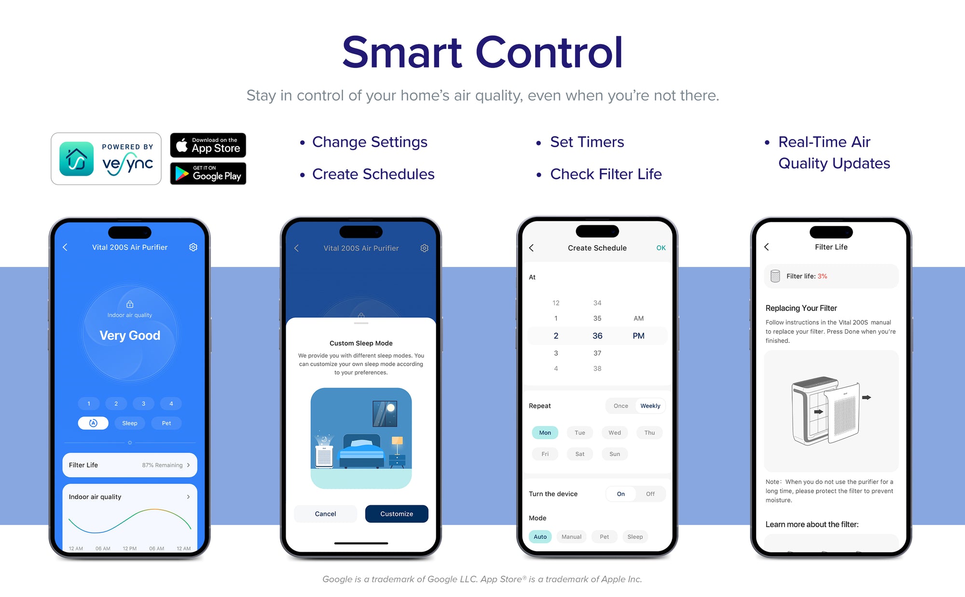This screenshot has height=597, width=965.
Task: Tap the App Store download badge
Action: [x=208, y=145]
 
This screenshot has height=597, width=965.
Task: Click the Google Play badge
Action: [x=208, y=173]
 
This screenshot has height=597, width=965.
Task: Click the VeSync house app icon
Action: [x=76, y=159]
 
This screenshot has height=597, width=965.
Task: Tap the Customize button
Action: [x=397, y=514]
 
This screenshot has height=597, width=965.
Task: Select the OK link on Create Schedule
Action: [x=661, y=248]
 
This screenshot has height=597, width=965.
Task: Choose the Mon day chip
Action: [x=545, y=432]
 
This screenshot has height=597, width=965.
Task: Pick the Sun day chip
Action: [x=615, y=454]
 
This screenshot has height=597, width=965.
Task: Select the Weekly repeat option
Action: [x=650, y=406]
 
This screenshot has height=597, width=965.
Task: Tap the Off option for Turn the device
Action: [x=650, y=494]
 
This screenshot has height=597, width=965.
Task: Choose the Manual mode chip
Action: [x=571, y=537]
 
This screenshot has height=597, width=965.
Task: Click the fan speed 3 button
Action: [x=143, y=403]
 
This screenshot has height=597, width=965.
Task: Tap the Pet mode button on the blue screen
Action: [x=166, y=423]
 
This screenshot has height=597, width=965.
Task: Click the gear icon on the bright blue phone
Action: [x=193, y=247]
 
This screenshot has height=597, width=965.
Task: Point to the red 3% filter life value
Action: [x=822, y=276]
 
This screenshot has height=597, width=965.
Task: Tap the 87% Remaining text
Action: [x=162, y=465]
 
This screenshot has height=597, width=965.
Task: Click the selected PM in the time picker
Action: [x=638, y=335]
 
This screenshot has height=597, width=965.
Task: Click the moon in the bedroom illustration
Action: [x=391, y=408]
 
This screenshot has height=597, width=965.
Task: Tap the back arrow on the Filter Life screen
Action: [x=767, y=247]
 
